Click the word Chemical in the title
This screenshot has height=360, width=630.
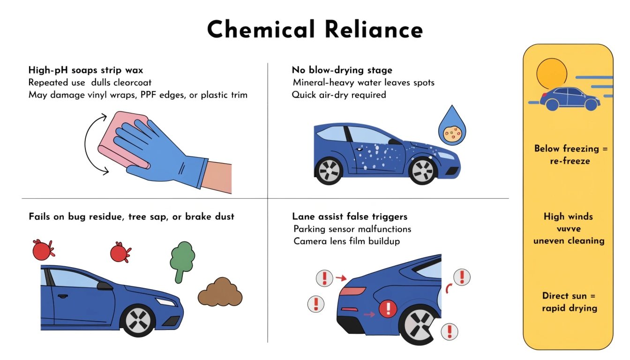coord(261,29)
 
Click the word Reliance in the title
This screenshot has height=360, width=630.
coord(374,29)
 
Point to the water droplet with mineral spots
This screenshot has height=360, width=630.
coord(452,127)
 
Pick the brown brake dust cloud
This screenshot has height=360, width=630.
coord(220,292)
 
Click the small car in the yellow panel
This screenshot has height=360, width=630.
coord(570,98)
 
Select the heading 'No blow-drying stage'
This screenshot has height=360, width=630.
coord(342,70)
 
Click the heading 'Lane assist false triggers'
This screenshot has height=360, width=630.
coord(350,216)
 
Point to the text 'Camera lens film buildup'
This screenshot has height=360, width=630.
coord(346,241)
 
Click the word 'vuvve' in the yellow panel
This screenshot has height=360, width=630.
coord(569,228)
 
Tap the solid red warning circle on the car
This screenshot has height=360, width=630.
coord(388,308)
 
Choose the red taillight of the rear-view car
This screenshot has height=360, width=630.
coord(352,291)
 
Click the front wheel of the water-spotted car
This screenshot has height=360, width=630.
coord(422,171)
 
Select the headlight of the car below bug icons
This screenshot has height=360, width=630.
coord(166,302)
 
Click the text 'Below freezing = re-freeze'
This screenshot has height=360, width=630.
coord(570,154)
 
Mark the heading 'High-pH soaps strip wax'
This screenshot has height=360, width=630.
coord(86,70)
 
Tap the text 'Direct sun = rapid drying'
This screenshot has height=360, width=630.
coord(570,302)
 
